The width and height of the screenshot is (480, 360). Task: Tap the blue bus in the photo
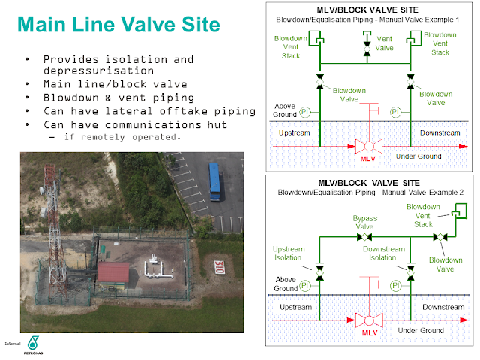point(216,182)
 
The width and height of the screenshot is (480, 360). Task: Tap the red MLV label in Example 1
point(366,158)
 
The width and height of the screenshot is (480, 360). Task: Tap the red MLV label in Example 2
point(370,332)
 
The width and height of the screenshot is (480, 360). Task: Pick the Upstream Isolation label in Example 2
point(288,253)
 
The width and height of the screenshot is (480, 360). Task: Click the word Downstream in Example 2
point(442,307)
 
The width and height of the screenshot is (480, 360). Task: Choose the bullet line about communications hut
point(134,125)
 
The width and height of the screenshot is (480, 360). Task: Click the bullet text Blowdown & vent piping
point(118,98)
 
